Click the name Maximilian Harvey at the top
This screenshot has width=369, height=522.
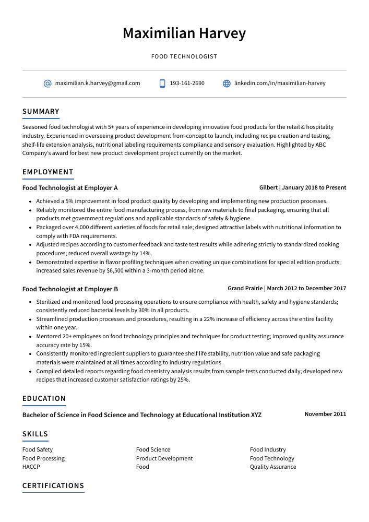(184, 33)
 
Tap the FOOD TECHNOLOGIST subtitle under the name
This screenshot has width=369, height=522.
(184, 56)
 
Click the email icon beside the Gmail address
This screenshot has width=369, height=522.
(47, 84)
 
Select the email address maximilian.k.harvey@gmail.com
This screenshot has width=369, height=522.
(98, 83)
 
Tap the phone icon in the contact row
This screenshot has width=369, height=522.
(162, 84)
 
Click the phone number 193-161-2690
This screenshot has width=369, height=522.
(187, 83)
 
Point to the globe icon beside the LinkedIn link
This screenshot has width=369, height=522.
(227, 84)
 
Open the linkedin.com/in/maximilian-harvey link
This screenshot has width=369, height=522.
(280, 83)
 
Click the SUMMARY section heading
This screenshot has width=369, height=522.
(41, 111)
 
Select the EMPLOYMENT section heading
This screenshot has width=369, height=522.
(48, 172)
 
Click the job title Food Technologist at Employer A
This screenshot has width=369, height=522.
(70, 188)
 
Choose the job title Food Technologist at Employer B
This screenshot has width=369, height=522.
(70, 289)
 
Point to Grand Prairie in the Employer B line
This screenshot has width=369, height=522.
(245, 288)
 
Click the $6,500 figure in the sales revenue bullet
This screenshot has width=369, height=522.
(114, 271)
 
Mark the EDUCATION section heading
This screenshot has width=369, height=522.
(44, 398)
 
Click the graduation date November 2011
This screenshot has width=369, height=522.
(325, 414)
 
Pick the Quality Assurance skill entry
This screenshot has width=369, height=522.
(273, 467)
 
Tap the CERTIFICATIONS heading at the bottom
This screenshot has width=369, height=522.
(53, 485)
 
